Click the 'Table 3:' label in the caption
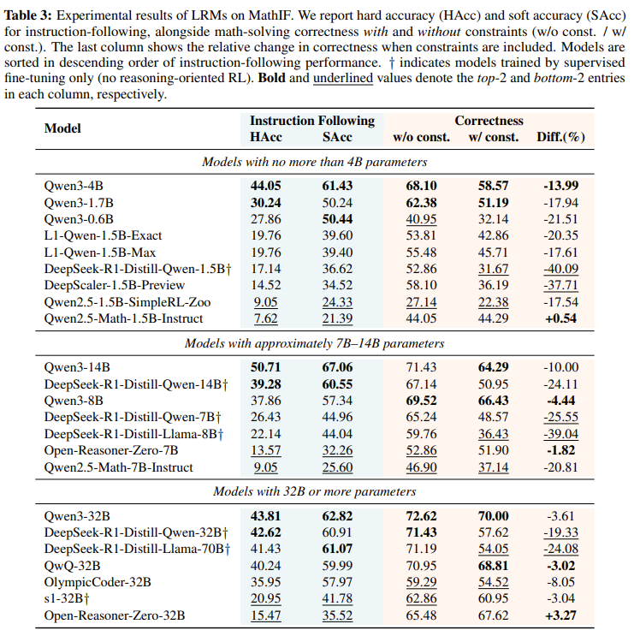click(28, 15)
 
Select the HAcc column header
click(265, 137)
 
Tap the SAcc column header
click(337, 137)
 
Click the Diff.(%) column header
click(560, 137)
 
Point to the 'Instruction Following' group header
click(312, 121)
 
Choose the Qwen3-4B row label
click(74, 186)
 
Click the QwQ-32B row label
click(72, 566)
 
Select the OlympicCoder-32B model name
click(98, 582)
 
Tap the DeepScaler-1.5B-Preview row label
click(115, 285)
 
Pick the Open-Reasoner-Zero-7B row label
click(111, 450)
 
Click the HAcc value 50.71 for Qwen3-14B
click(265, 367)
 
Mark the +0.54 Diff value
click(560, 318)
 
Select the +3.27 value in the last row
click(560, 615)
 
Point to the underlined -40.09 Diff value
click(560, 269)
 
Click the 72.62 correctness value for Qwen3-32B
click(421, 516)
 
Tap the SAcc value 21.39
click(337, 318)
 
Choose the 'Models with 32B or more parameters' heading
click(315, 491)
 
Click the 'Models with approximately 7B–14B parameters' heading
click(315, 343)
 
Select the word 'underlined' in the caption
click(343, 78)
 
